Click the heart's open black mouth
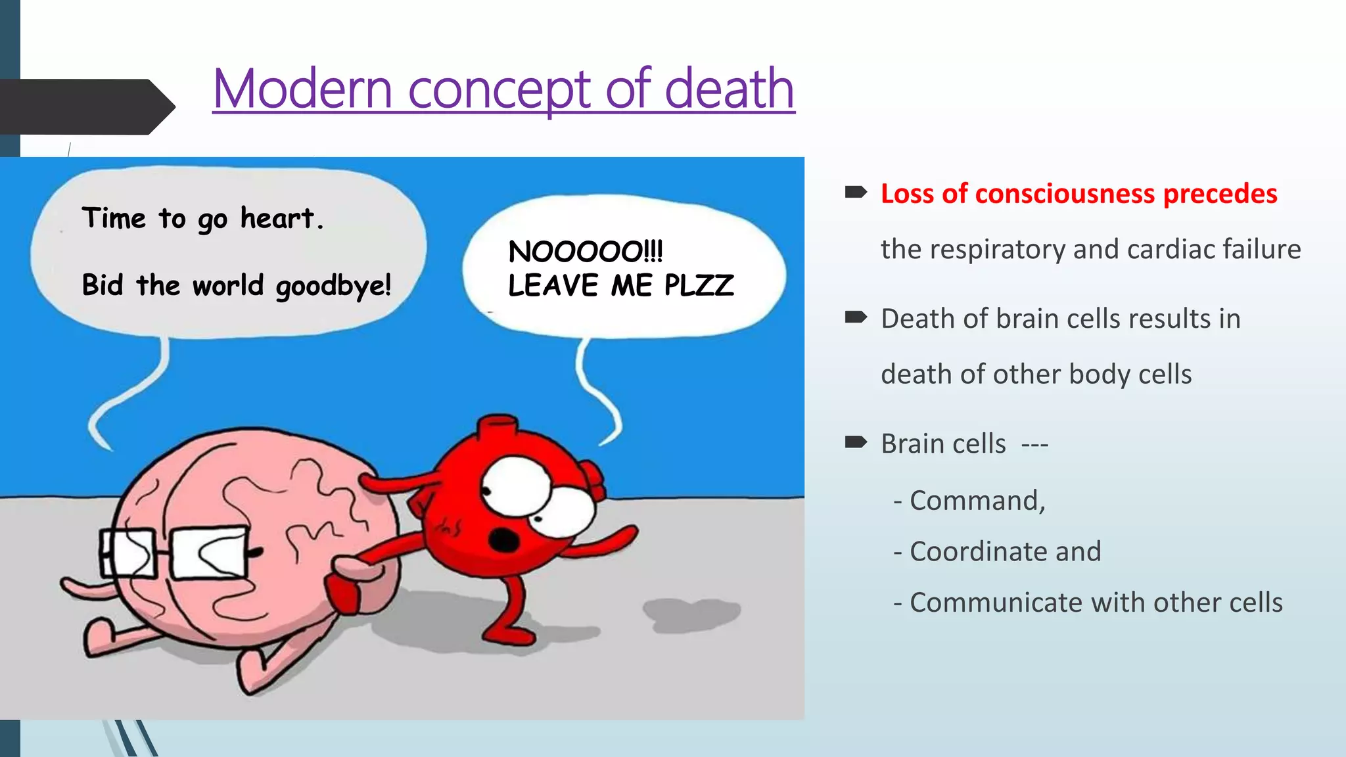tap(505, 540)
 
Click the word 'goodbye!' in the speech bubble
tap(333, 286)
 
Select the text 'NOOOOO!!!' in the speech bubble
tap(586, 252)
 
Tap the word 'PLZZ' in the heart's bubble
tap(699, 285)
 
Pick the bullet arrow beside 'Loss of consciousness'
tap(856, 193)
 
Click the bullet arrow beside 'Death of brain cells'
tap(856, 317)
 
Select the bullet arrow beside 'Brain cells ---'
tap(856, 442)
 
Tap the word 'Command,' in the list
tap(977, 501)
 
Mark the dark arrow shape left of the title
tap(85, 106)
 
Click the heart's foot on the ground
tap(509, 635)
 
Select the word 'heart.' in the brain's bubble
tap(282, 218)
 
